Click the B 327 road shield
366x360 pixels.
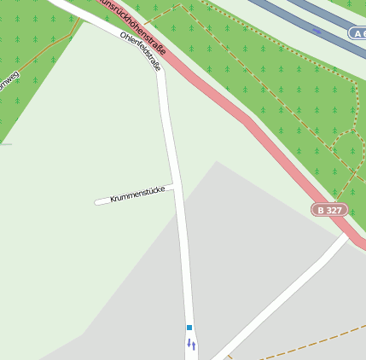click(x=329, y=209)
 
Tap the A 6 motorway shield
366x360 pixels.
click(x=358, y=32)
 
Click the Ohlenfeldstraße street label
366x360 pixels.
click(x=141, y=51)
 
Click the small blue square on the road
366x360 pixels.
click(x=189, y=327)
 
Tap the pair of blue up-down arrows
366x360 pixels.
click(x=191, y=344)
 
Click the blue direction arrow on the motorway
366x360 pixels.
click(x=317, y=32)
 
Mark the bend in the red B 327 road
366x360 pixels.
click(x=247, y=119)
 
